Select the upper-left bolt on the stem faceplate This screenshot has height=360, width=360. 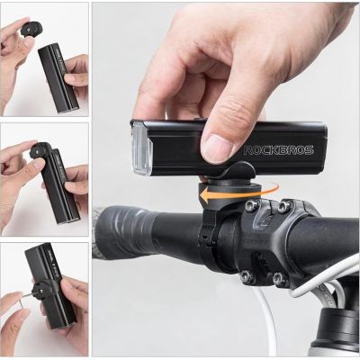[254, 206]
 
